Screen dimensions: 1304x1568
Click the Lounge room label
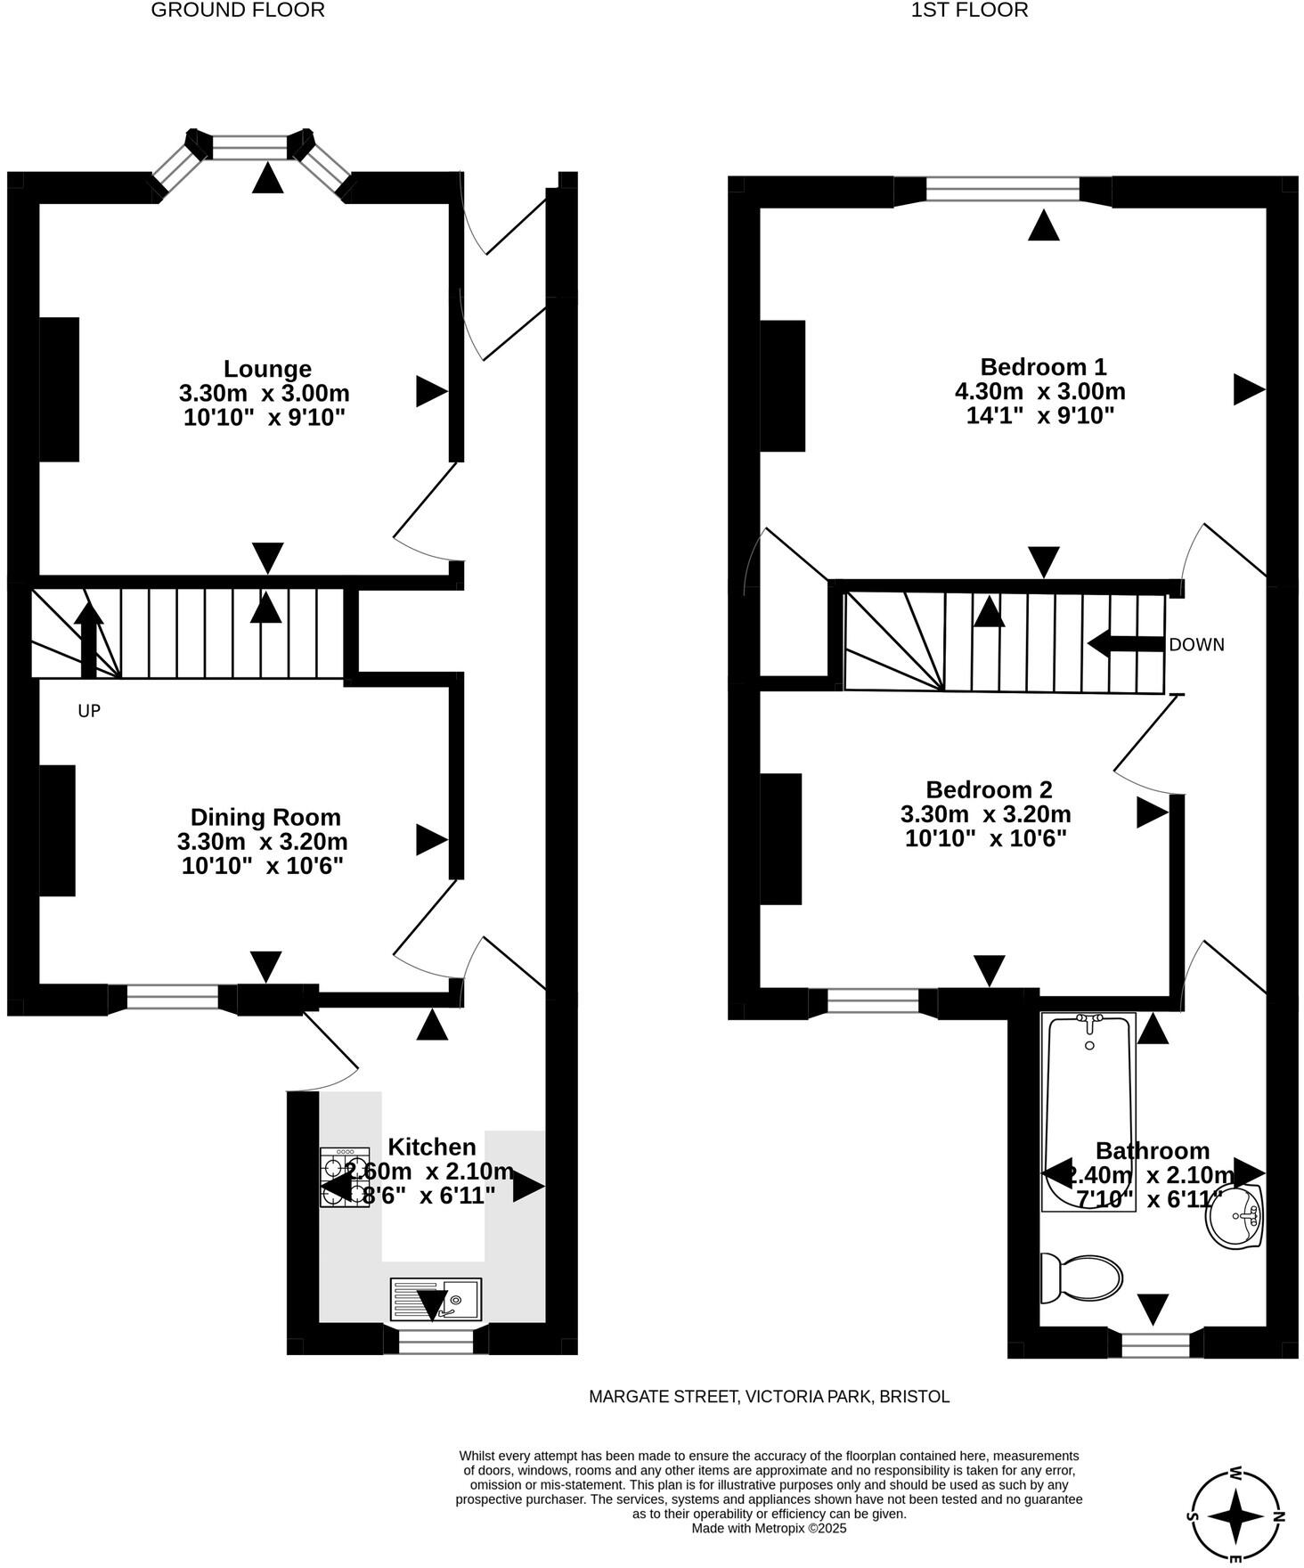pos(266,369)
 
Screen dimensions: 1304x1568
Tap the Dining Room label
pos(265,817)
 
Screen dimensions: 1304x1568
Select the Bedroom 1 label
pos(1042,367)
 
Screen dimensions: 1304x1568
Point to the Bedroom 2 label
pos(989,789)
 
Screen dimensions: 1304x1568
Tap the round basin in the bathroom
pos(1236,1216)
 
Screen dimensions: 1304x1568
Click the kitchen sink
pos(436,1299)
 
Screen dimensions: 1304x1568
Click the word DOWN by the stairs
pos(1196,645)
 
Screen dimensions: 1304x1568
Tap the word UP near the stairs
pos(89,711)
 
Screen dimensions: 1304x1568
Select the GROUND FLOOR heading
pos(238,11)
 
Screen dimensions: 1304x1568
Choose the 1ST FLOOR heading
pos(969,11)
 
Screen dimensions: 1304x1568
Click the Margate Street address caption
pos(769,1397)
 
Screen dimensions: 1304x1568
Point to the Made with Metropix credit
pos(769,1528)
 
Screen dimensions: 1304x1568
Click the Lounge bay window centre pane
pos(250,147)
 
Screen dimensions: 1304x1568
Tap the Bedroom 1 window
pos(1003,189)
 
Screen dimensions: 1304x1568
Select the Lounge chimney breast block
pos(59,389)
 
